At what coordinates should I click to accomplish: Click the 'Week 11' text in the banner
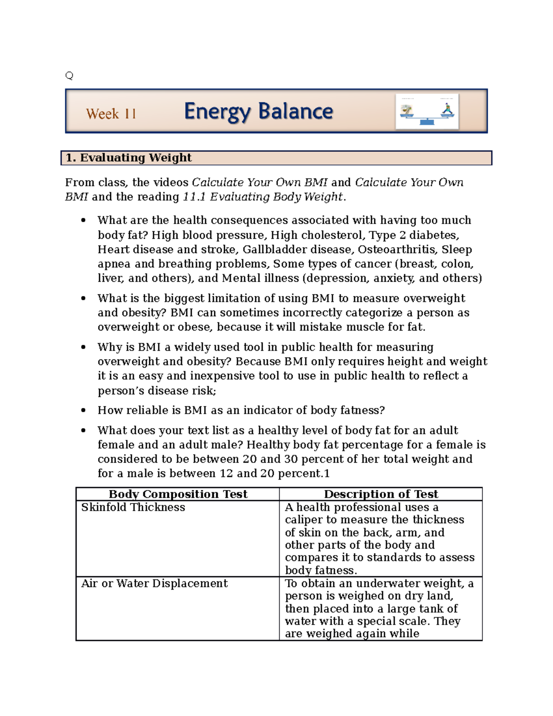coord(111,114)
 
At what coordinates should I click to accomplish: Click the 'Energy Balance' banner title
coord(258,112)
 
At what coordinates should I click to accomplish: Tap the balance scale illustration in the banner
coord(427,112)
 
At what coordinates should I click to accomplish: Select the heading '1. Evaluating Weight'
coord(129,158)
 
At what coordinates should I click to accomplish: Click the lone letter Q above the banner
coord(69,76)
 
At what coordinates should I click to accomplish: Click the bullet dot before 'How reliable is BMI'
coord(83,410)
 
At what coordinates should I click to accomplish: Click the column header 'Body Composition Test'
coord(178,494)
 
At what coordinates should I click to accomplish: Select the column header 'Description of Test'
coord(381,494)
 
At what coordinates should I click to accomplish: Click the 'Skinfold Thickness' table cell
coord(133,507)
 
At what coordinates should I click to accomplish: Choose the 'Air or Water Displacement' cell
coord(154,583)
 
